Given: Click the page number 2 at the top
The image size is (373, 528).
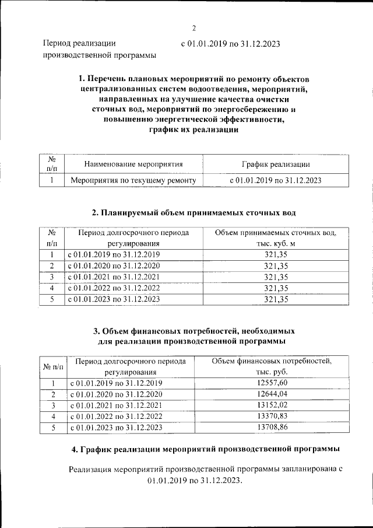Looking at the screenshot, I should tap(194, 28).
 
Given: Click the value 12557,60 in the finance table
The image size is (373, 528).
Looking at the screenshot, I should tap(272, 383).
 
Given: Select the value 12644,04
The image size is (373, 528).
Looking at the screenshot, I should tap(272, 394).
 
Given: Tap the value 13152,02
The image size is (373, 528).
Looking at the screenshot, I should tap(272, 405).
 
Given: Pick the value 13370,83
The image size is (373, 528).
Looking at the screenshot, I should tap(272, 417).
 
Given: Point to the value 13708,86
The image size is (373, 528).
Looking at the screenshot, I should tap(272, 428).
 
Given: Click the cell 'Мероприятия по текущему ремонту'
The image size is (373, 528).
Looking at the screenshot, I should tap(133, 181).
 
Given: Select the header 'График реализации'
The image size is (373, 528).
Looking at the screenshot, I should tap(276, 165).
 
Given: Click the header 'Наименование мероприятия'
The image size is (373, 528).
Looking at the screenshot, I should tap(133, 165).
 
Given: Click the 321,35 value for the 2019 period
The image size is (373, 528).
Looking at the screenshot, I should tap(276, 255).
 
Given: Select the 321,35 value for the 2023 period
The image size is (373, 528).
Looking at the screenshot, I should tap(276, 299).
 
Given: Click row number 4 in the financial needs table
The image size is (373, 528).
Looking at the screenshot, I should tap(53, 417).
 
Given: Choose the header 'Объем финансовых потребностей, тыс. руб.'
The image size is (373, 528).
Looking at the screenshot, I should tap(272, 366).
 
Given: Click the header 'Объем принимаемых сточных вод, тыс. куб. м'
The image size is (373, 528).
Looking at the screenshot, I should tap(276, 238).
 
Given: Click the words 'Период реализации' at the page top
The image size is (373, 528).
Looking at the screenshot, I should tap(79, 43).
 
